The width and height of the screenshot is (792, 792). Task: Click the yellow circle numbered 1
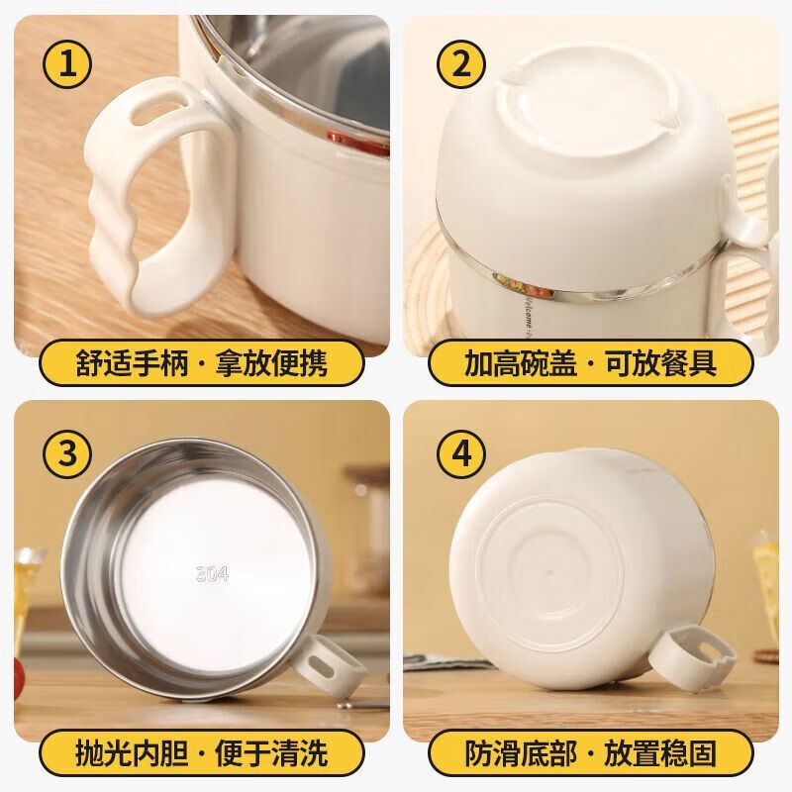coord(68,66)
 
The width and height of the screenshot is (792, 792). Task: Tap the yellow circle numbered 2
coord(461,66)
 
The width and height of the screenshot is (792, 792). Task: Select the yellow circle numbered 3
coord(68,452)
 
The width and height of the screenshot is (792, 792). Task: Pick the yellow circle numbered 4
coord(461,452)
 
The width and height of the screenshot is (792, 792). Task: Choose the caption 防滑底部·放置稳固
coord(591,753)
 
